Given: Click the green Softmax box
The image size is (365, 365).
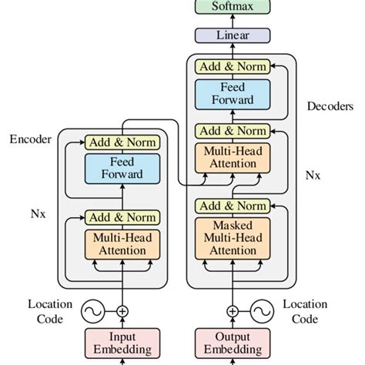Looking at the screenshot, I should tap(233, 8).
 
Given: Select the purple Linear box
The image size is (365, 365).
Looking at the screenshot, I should tap(233, 35).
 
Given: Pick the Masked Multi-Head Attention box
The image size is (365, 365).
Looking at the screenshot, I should tap(233, 238).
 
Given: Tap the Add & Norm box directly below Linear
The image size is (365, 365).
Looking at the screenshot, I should tap(233, 67).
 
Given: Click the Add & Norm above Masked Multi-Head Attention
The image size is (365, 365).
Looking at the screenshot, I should tap(233, 206).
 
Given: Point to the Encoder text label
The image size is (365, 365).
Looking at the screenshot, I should tap(30, 139).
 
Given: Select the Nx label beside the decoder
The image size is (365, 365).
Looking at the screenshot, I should tap(313, 175).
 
